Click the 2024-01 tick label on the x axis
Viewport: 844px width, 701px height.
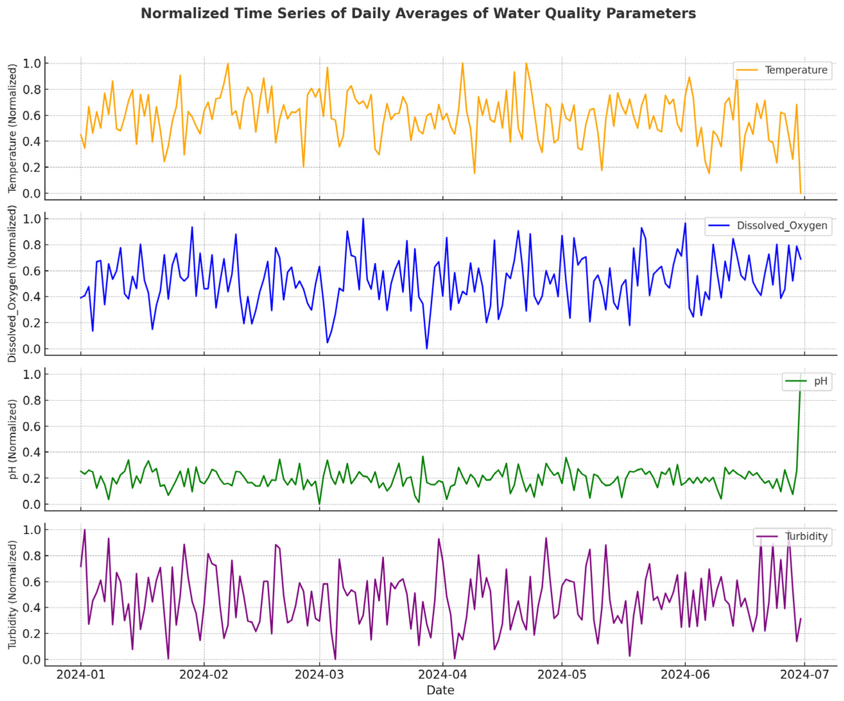(x=81, y=674)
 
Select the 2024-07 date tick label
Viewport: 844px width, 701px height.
(x=804, y=674)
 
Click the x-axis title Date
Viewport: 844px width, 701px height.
(x=440, y=690)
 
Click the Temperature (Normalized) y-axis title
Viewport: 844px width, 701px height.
(x=13, y=128)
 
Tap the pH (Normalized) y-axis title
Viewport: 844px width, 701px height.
(x=13, y=439)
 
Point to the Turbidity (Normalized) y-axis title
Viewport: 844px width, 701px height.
(x=13, y=595)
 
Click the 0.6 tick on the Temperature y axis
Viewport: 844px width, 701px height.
(x=31, y=116)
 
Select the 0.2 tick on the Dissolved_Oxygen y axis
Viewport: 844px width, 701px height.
(x=31, y=323)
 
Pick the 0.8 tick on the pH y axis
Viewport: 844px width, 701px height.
(x=31, y=401)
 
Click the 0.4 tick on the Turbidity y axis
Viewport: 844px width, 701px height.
(x=31, y=608)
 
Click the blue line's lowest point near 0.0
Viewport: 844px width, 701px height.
(x=426, y=348)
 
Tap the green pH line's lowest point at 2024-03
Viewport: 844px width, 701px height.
(x=320, y=504)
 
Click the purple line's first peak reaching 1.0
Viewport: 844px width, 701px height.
(x=85, y=530)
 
